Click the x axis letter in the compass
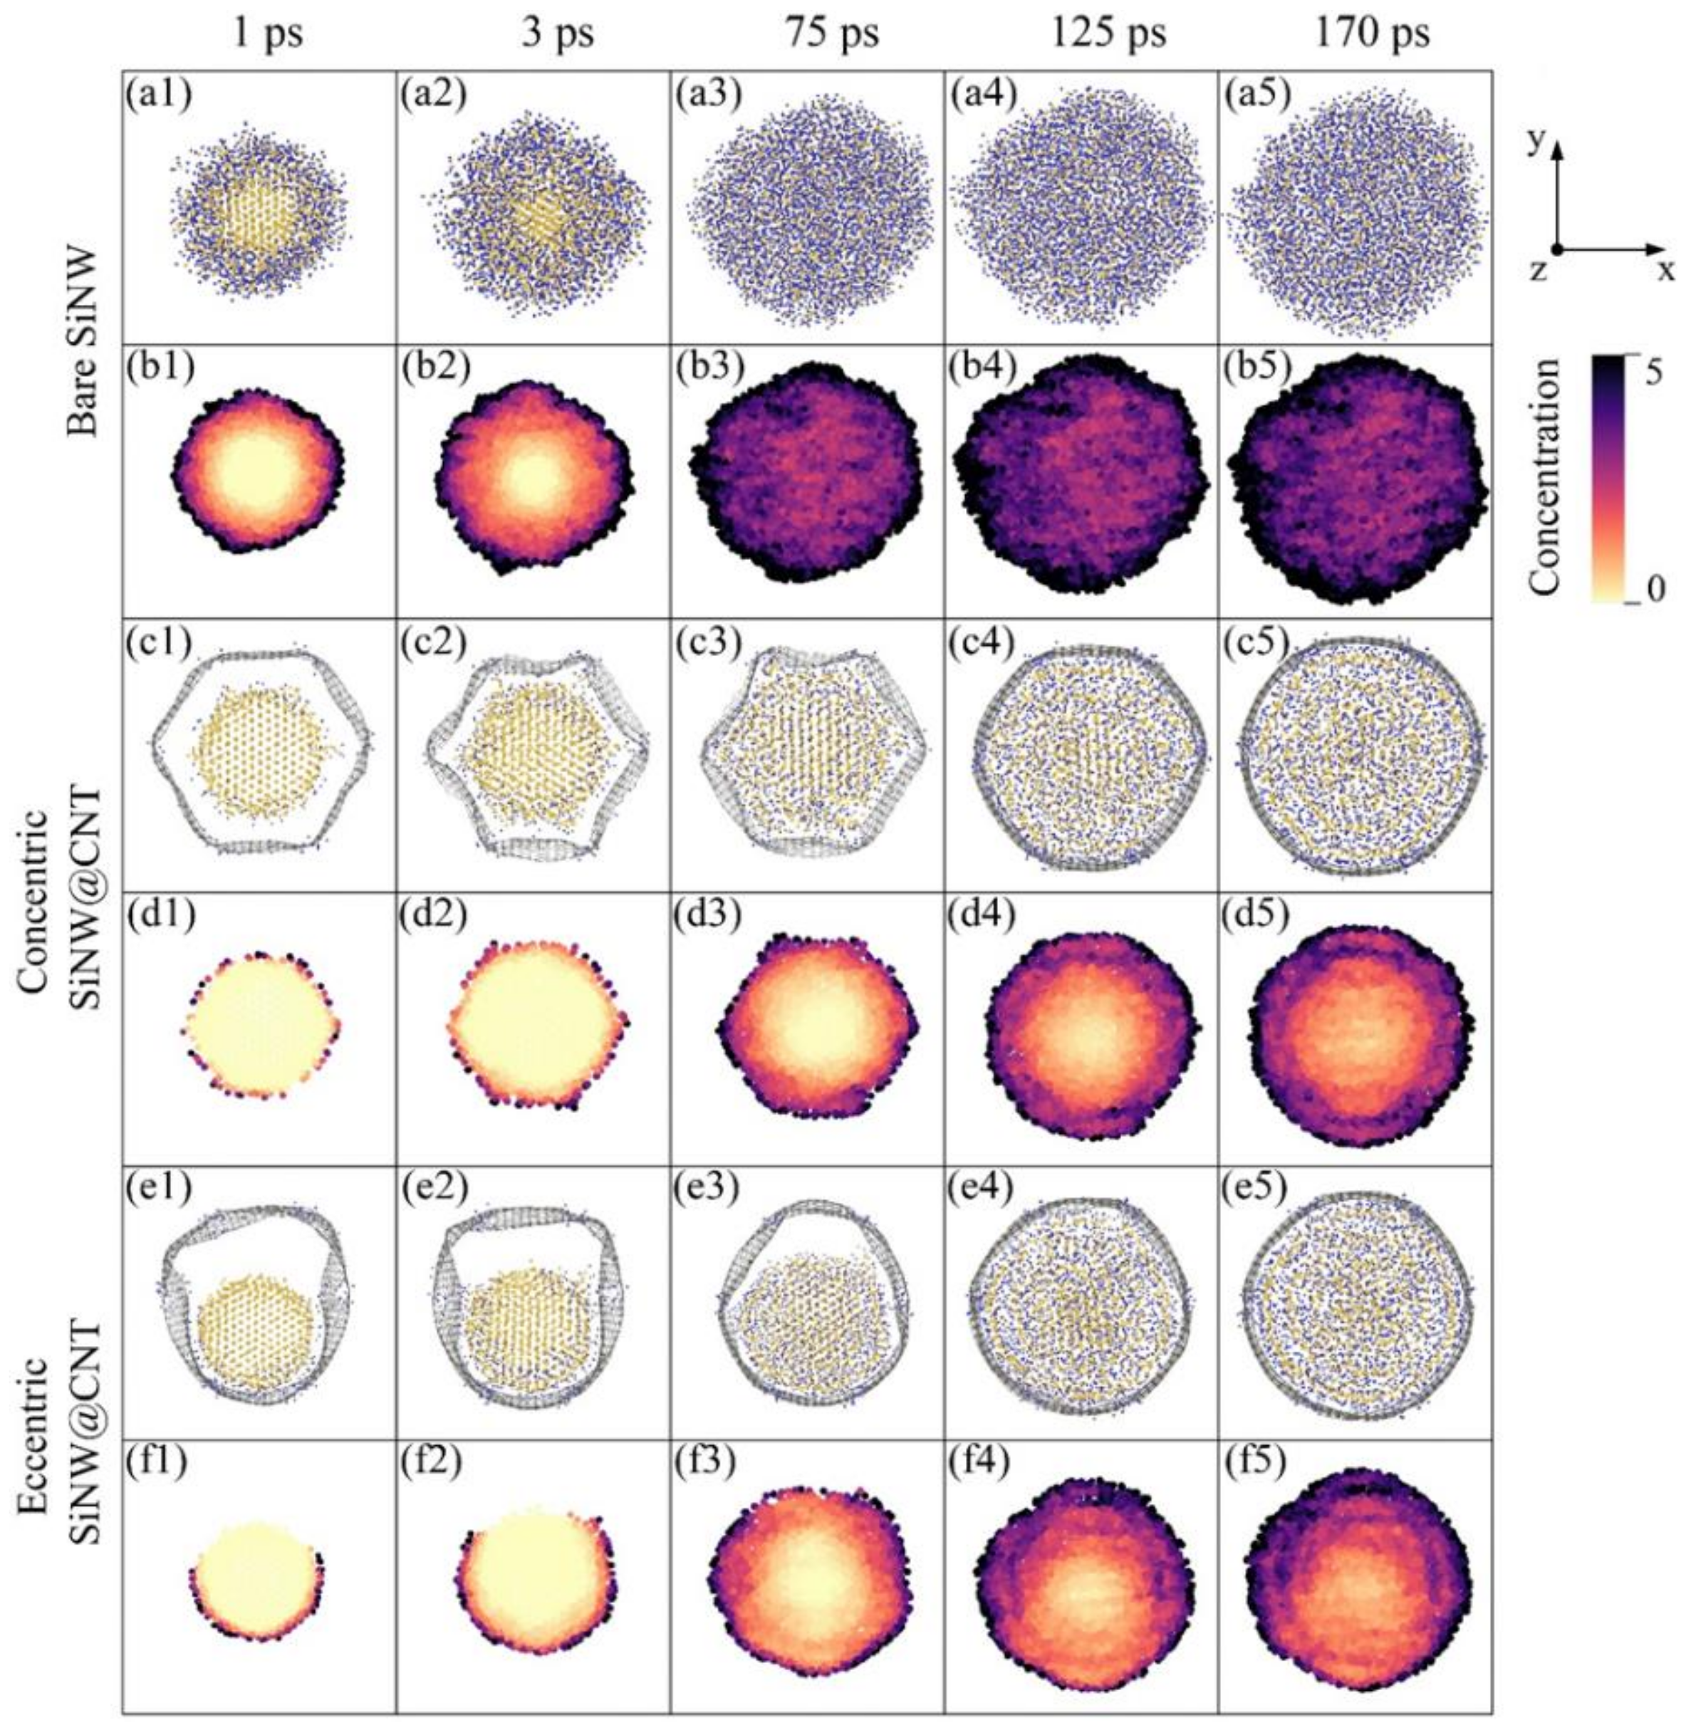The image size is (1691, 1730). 1663,271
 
